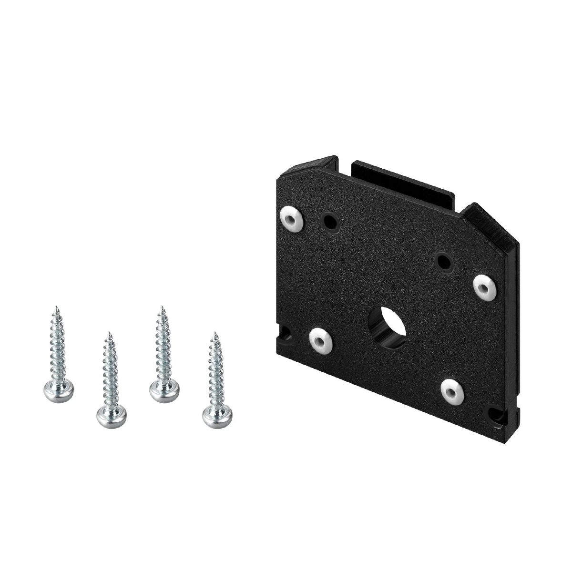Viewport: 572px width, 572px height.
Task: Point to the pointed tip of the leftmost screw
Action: click(x=56, y=307)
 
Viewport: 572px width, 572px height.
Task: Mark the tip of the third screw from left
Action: click(x=162, y=307)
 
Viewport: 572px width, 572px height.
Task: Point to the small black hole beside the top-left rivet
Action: click(x=329, y=220)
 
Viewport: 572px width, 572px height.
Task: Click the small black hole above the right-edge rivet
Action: click(x=444, y=260)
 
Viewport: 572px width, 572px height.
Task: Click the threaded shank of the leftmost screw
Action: click(x=58, y=348)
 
